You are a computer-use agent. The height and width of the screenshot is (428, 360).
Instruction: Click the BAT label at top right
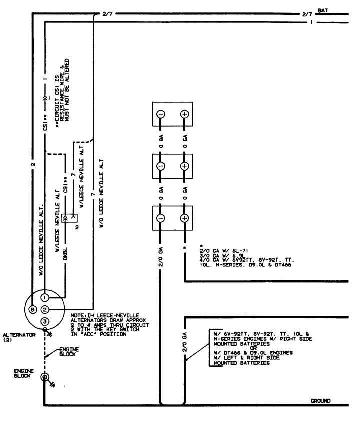[323, 10]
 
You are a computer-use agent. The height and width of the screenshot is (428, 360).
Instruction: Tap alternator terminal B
[33, 309]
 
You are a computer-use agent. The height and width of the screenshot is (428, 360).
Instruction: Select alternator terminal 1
[45, 298]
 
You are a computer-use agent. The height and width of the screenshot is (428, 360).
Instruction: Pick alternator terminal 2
[45, 309]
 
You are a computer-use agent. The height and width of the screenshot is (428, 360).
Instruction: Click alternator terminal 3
[45, 321]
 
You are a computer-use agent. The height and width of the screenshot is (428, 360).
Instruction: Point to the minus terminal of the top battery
[161, 114]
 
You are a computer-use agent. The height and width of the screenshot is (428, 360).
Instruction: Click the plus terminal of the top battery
[184, 114]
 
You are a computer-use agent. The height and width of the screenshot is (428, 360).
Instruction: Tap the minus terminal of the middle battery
[161, 166]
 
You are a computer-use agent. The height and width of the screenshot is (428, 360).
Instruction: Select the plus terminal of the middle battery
[184, 166]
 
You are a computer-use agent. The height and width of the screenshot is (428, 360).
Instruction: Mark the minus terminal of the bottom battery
[161, 218]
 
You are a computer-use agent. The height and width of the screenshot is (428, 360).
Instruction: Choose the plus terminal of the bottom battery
[184, 218]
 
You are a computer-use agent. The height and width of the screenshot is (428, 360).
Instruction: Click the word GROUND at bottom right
[320, 401]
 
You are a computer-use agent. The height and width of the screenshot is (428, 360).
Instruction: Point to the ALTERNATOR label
[19, 335]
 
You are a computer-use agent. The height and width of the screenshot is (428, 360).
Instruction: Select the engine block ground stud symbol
[44, 377]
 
